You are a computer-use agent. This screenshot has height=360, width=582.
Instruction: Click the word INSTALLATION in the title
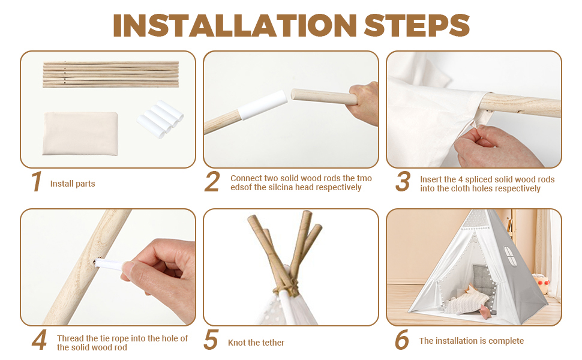click(x=235, y=26)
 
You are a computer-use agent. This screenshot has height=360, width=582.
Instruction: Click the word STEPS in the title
click(x=417, y=26)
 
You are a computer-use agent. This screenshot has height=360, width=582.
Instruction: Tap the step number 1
click(x=37, y=182)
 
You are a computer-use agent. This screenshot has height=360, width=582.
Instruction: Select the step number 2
click(x=212, y=181)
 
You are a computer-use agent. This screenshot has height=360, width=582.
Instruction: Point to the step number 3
click(x=403, y=181)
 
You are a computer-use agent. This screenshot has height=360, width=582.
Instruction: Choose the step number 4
click(x=40, y=340)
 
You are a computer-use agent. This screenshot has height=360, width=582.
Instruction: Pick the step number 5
click(x=211, y=340)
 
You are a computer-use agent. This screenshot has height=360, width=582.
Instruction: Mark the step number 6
click(x=401, y=340)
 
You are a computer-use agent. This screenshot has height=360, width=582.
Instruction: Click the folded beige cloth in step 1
click(x=80, y=134)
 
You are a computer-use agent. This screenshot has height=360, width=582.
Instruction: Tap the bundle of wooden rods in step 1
click(x=110, y=74)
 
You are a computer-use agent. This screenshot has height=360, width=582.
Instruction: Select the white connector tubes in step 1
click(x=160, y=119)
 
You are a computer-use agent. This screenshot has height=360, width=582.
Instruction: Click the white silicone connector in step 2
click(x=262, y=105)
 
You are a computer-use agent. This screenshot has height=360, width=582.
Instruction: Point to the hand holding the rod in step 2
click(x=364, y=104)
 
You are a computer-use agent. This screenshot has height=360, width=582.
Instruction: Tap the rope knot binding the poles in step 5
click(x=286, y=287)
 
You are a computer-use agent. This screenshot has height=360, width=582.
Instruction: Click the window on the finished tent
click(x=510, y=256)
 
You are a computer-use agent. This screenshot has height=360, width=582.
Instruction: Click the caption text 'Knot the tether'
click(x=256, y=343)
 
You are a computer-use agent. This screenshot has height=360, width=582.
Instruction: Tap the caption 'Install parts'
click(x=73, y=184)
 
